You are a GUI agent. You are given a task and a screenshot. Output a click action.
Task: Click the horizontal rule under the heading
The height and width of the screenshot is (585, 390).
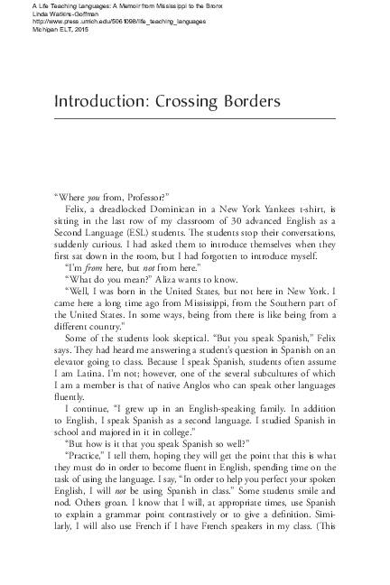[194, 118]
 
